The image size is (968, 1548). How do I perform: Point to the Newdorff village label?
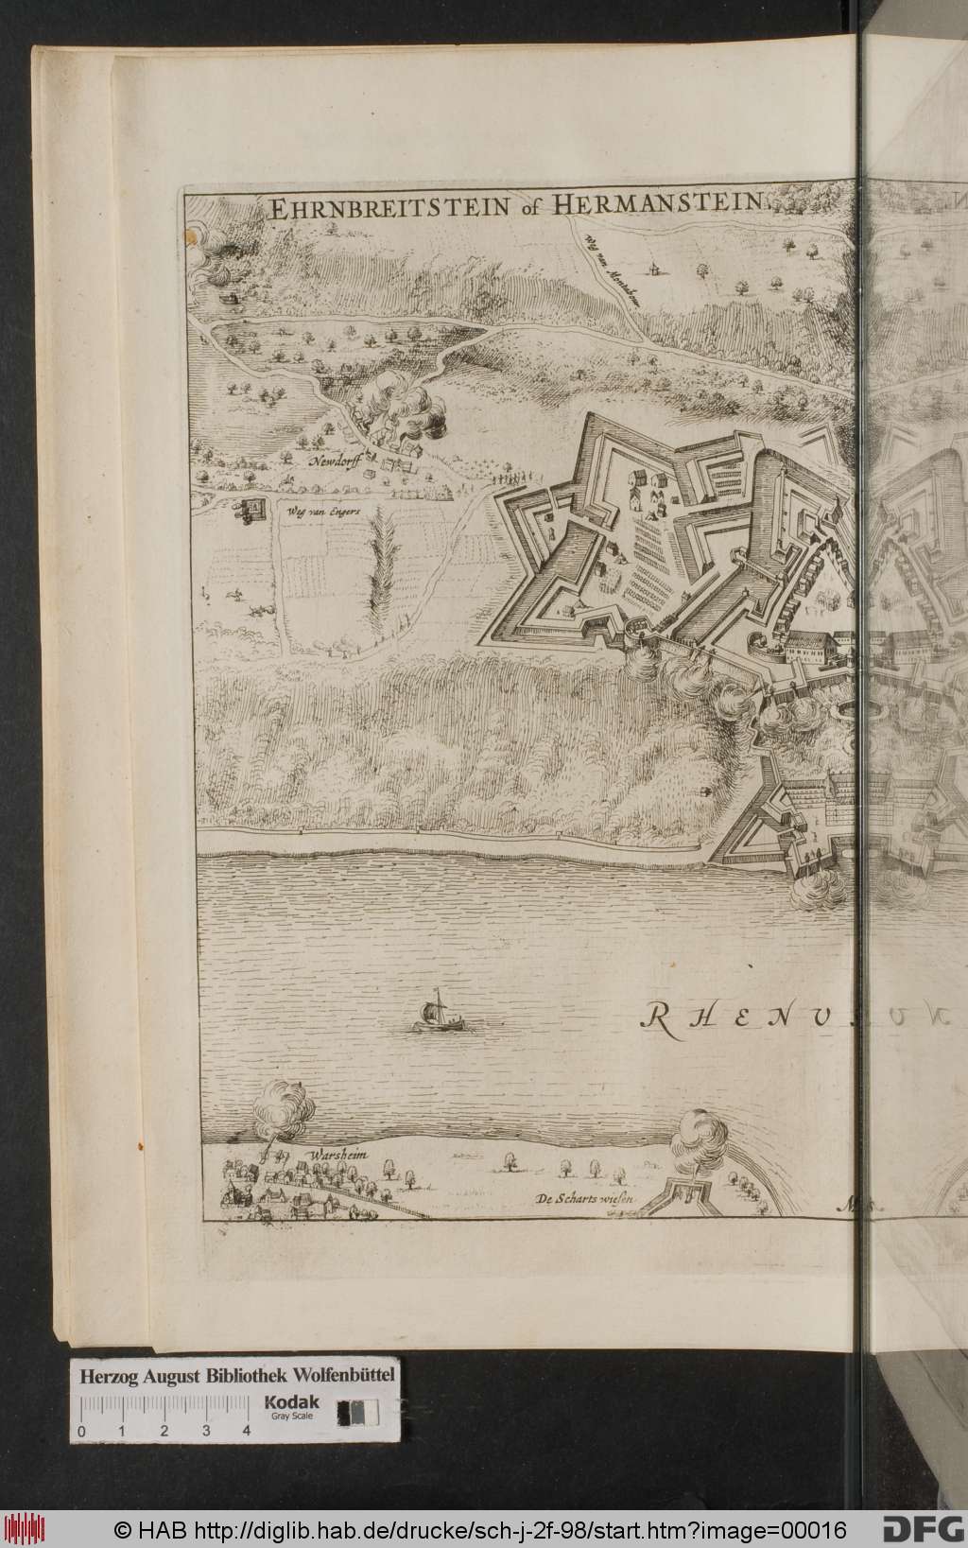pyautogui.click(x=333, y=464)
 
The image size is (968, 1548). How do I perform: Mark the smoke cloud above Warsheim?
pyautogui.click(x=284, y=1107)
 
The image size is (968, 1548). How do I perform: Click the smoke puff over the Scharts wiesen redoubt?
pyautogui.click(x=697, y=1134)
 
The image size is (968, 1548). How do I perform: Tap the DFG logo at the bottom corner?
pyautogui.click(x=924, y=1528)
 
